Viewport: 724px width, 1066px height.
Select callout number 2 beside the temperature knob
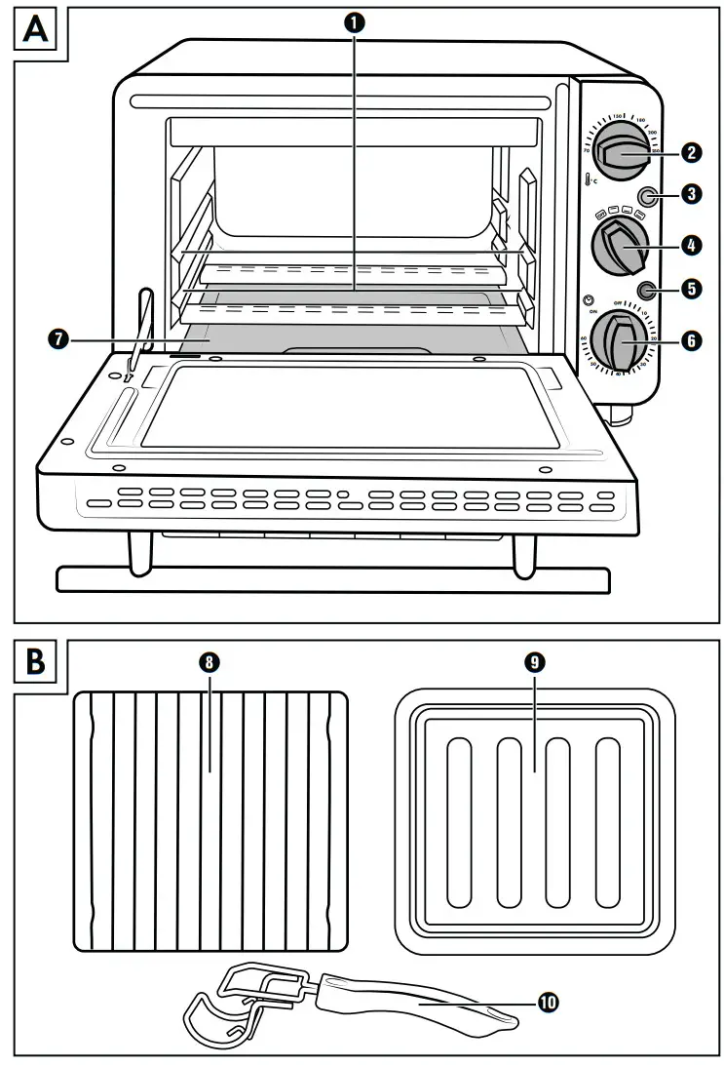690,152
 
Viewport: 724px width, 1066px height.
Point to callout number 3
690,194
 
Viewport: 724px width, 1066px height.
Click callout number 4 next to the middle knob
690,245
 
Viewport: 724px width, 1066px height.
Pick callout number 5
690,290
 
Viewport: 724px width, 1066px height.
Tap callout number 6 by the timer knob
690,340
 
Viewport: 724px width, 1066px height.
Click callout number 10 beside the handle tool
549,1002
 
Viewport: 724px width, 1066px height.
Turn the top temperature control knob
619,152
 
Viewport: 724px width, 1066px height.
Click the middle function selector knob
621,245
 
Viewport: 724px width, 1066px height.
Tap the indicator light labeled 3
646,195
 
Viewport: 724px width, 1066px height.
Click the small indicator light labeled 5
646,290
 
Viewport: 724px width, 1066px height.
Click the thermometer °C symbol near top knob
591,180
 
